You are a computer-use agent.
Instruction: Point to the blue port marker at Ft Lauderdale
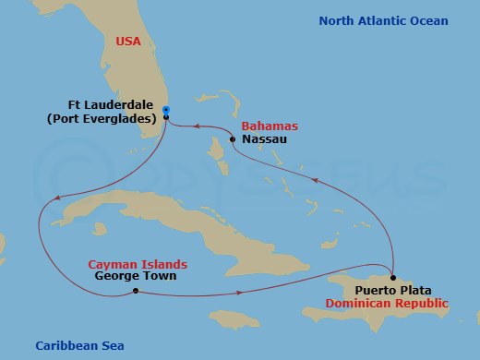tap(166, 111)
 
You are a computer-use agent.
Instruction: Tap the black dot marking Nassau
tap(232, 139)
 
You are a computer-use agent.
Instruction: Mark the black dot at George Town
tap(136, 292)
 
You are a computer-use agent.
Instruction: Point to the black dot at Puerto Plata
tap(393, 278)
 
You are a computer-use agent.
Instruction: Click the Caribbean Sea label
tap(79, 345)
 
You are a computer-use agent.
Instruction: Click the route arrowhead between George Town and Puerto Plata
tap(241, 294)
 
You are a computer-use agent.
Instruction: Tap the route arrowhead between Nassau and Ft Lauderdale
tap(197, 127)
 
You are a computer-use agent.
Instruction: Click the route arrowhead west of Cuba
tap(56, 198)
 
